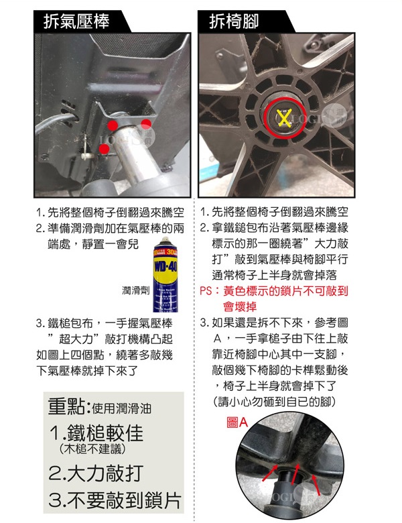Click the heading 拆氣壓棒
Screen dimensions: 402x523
[76, 21]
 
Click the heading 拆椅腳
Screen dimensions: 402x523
[234, 21]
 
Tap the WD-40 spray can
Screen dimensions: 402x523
[165, 274]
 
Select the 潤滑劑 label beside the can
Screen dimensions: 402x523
[135, 290]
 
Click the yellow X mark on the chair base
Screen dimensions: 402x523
[284, 118]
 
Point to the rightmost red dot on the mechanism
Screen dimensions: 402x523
[146, 124]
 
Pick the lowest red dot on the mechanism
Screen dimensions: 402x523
[104, 149]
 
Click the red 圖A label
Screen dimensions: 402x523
[237, 422]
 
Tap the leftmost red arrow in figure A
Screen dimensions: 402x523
[269, 473]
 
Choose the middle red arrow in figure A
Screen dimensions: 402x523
[294, 474]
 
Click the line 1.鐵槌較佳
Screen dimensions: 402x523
[96, 433]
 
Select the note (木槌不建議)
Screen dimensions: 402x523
[92, 449]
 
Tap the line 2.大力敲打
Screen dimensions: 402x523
[96, 473]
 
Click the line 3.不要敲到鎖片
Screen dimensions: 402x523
[115, 500]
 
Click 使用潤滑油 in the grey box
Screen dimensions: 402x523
[121, 408]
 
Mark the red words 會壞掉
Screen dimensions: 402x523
[240, 306]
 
